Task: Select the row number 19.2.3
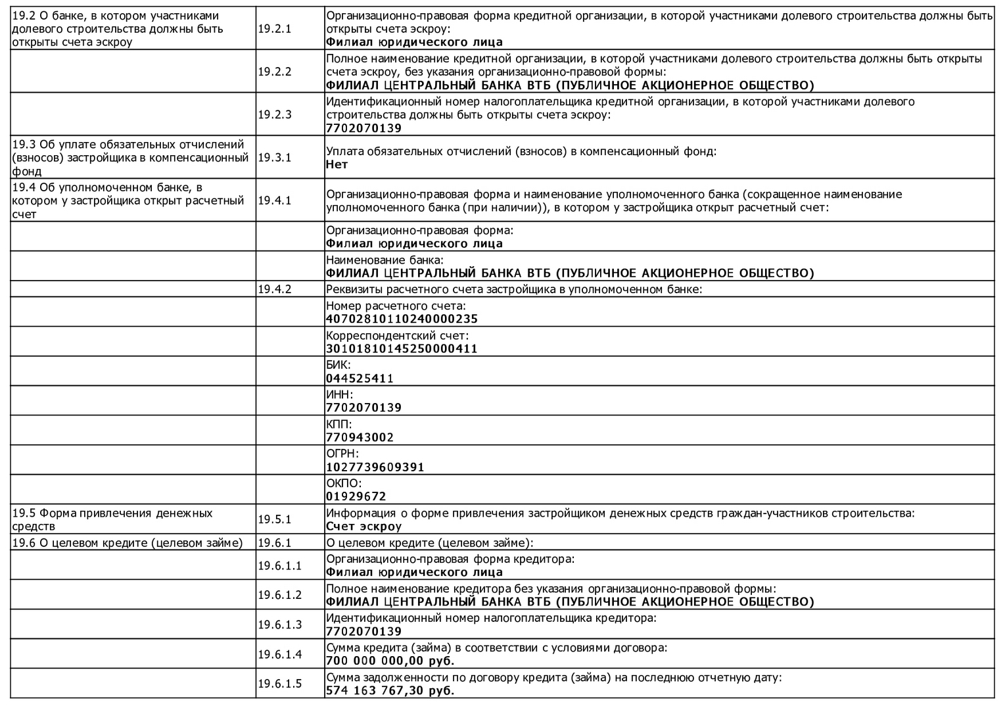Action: (x=274, y=114)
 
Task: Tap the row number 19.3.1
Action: (x=274, y=158)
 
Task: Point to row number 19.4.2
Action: (x=274, y=289)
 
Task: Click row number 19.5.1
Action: (x=274, y=519)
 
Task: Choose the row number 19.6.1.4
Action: (x=279, y=654)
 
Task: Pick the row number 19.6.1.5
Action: (x=279, y=684)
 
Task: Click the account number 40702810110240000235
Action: (x=402, y=319)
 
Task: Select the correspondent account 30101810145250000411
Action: (x=402, y=349)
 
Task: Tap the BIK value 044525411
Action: (x=360, y=379)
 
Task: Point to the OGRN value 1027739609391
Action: (x=375, y=467)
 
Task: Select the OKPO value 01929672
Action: (x=356, y=496)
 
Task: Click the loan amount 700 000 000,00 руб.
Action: (x=390, y=661)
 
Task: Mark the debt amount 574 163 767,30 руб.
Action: (x=390, y=691)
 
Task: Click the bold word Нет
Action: (x=337, y=164)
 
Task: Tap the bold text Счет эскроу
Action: (x=363, y=527)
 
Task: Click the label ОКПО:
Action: (x=344, y=483)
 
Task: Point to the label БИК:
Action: (x=339, y=365)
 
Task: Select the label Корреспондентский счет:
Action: (x=398, y=336)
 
